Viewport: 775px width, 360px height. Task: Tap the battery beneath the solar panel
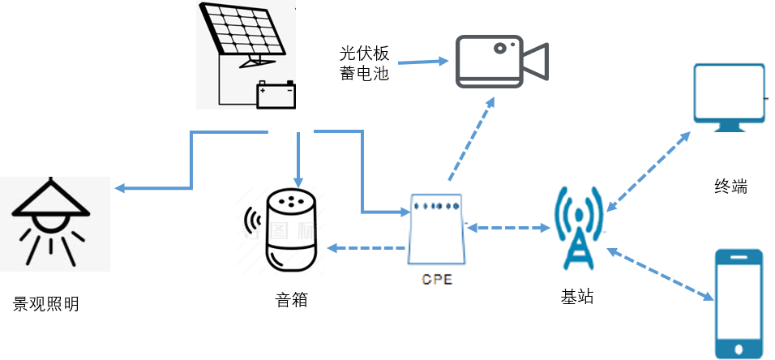(x=276, y=94)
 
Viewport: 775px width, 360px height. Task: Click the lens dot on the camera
(x=500, y=48)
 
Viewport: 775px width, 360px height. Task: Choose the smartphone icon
(x=739, y=302)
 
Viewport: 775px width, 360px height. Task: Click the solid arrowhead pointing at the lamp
(x=119, y=188)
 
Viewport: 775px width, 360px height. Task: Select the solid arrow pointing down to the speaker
(x=299, y=158)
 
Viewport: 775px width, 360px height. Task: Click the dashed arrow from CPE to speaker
(x=366, y=247)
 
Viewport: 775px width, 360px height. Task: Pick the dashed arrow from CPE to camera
(x=470, y=138)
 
